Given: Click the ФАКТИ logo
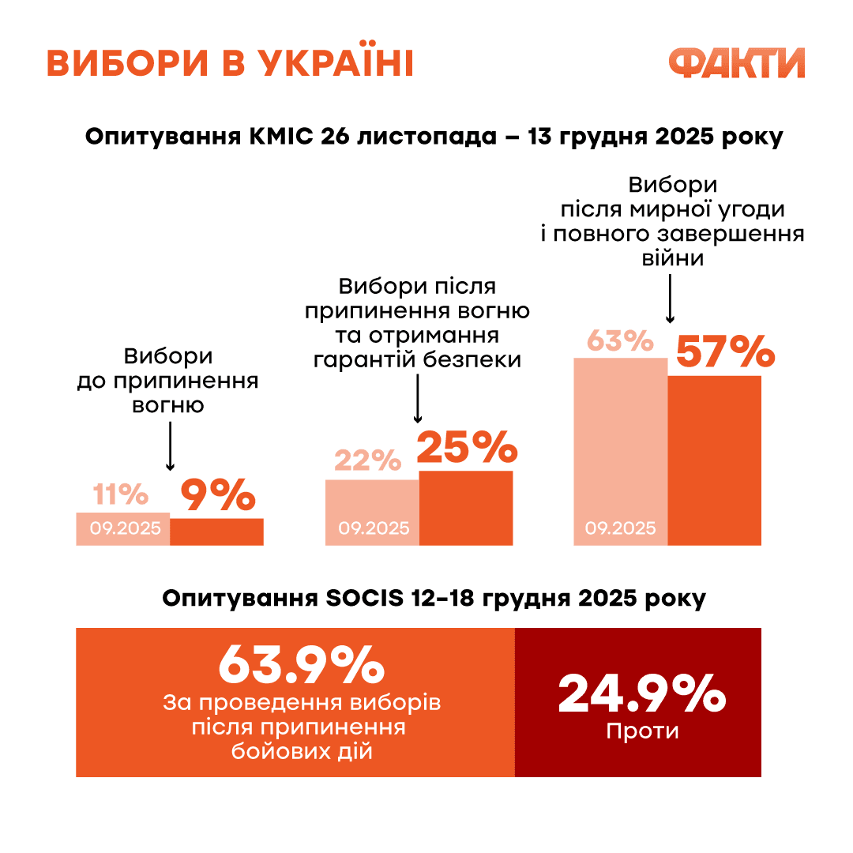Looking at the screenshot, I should click(x=736, y=63).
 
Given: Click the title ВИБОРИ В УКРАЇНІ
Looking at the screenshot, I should click(x=230, y=64).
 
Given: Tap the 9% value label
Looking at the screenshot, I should click(x=218, y=495).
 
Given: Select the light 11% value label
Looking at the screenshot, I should click(x=121, y=495).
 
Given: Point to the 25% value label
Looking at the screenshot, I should click(x=467, y=447).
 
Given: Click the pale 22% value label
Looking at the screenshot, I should click(x=368, y=460).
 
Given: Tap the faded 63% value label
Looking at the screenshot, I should click(x=620, y=342).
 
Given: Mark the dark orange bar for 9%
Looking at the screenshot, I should click(x=217, y=532).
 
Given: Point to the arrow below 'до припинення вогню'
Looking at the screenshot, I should click(x=171, y=446).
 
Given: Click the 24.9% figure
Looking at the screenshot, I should click(x=641, y=693).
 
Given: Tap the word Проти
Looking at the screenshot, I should click(x=642, y=731).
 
